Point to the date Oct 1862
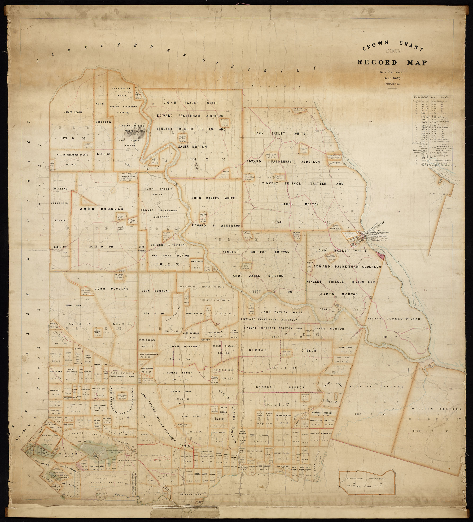tap(393, 78)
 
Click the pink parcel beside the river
tap(381, 256)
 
